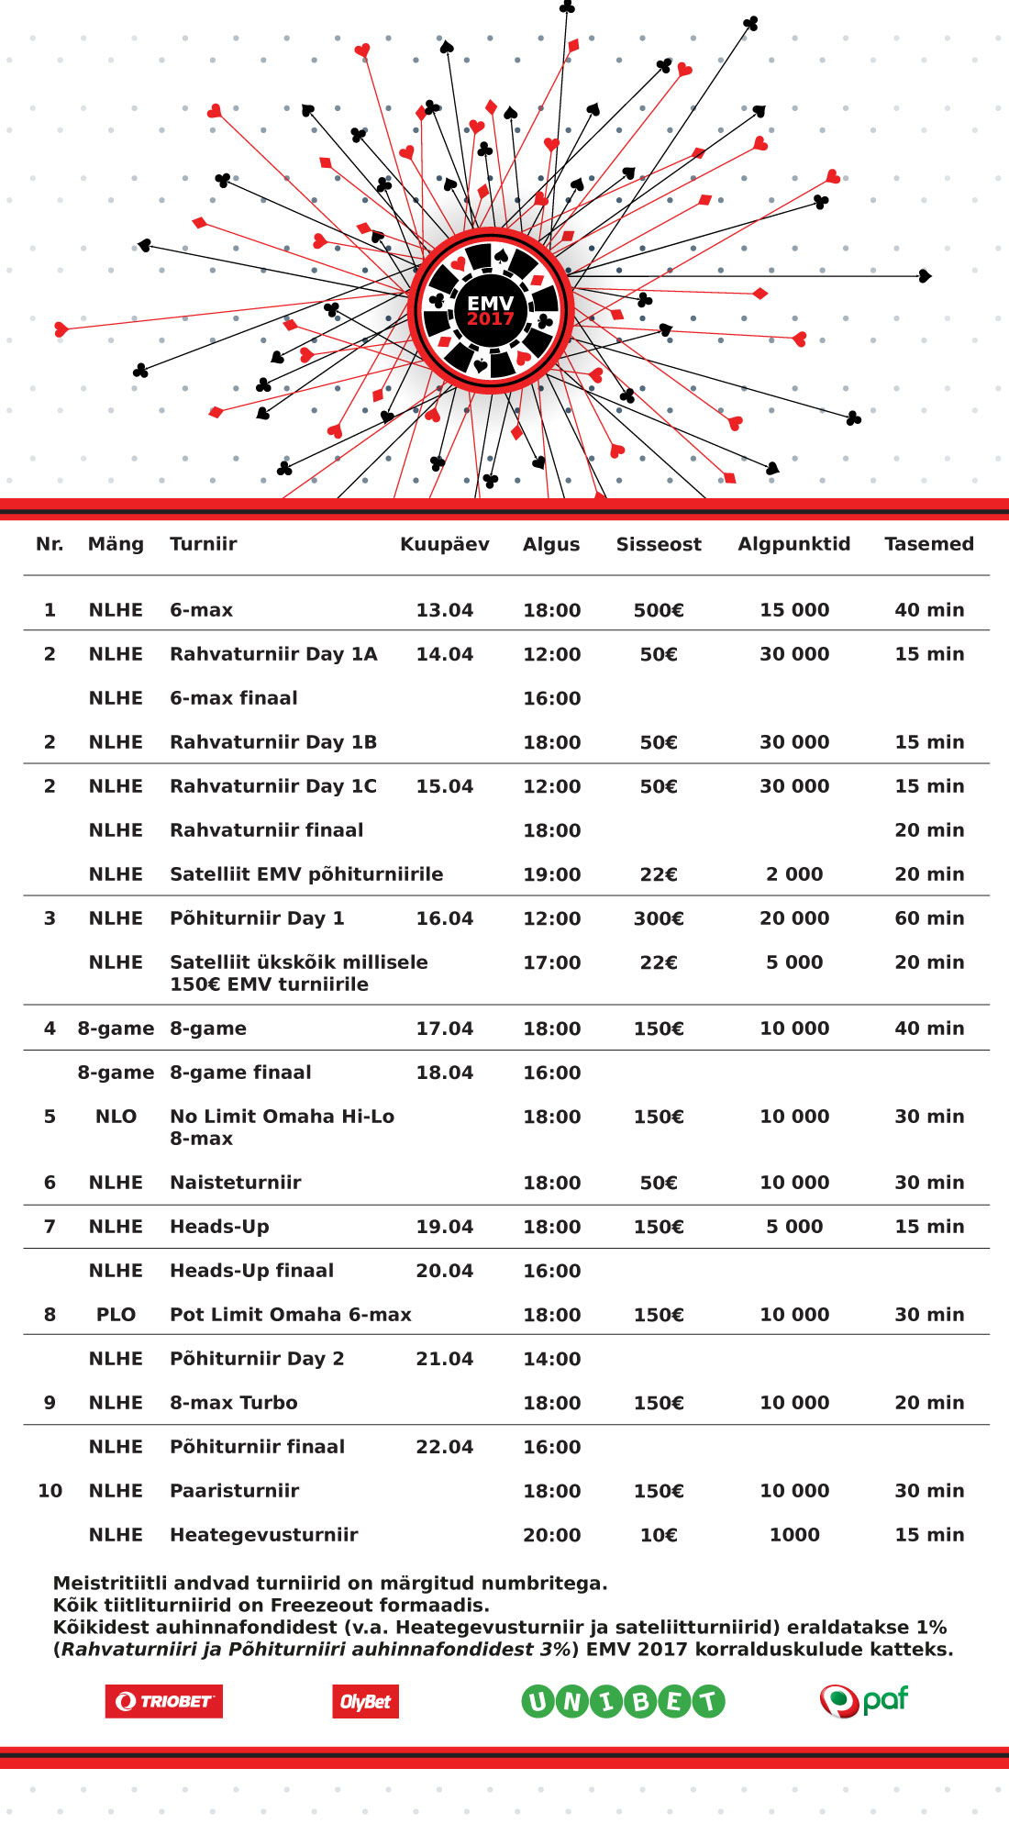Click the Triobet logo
pos(164,1701)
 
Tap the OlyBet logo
pos(365,1702)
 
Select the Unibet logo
pos(623,1702)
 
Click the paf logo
pos(863,1700)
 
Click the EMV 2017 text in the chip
pos(491,310)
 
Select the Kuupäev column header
pos(445,544)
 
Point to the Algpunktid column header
pos(794,544)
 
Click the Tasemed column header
pos(929,544)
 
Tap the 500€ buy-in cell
pos(659,610)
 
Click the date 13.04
pos(445,610)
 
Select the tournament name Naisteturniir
pos(236,1183)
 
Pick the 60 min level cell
pos(929,918)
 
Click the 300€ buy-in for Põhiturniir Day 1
pos(659,918)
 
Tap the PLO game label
pos(116,1315)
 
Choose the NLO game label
pos(116,1117)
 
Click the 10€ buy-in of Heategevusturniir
pos(659,1535)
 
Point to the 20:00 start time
pos(552,1535)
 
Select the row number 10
pos(50,1491)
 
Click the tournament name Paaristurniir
pos(235,1491)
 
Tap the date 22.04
pos(445,1447)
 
